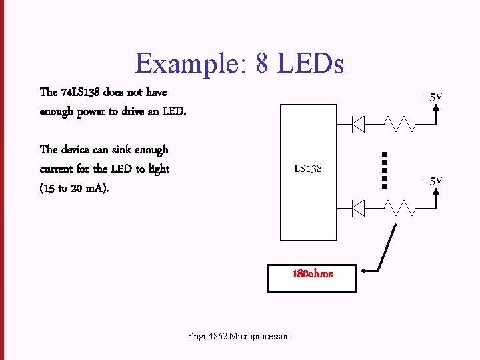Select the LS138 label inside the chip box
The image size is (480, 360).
tap(308, 169)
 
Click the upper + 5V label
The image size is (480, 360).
tap(431, 97)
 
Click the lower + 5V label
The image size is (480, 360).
tap(431, 181)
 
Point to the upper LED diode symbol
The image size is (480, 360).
tap(357, 123)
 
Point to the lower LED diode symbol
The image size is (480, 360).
tap(357, 209)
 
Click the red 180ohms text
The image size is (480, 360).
tap(312, 274)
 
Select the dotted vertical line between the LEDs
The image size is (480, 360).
tap(385, 170)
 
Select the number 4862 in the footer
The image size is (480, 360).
tap(217, 336)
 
